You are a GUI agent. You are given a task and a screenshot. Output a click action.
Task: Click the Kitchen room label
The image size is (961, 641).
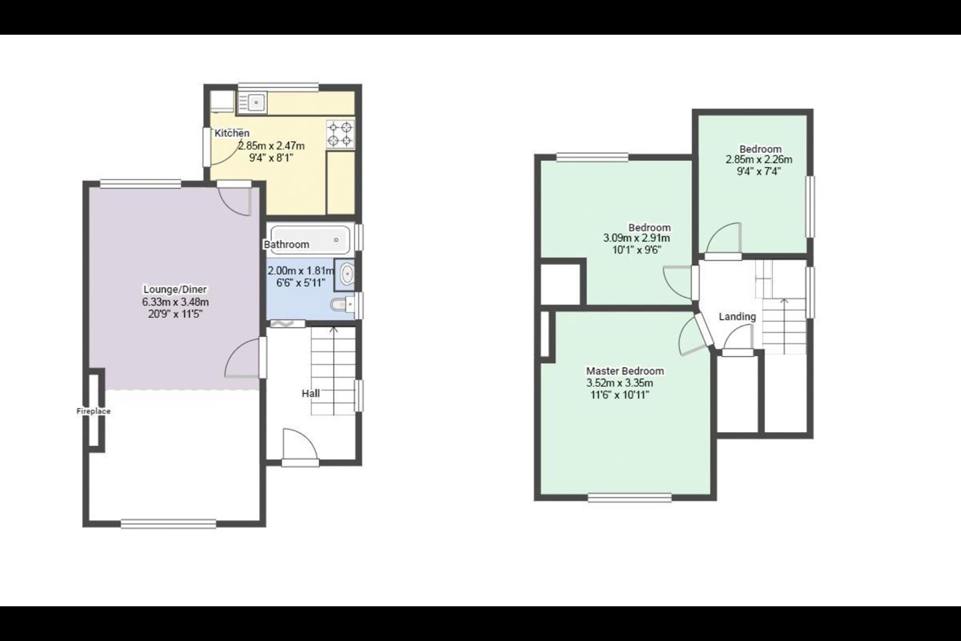pyautogui.click(x=232, y=134)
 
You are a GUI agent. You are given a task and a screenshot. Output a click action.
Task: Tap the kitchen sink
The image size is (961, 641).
pyautogui.click(x=252, y=102)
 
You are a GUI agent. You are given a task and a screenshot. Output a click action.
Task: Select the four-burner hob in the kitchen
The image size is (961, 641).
pyautogui.click(x=340, y=134)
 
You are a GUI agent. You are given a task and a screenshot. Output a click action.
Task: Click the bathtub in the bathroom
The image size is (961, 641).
pyautogui.click(x=311, y=239)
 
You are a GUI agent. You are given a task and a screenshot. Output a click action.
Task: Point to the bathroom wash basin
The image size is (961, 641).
pyautogui.click(x=346, y=274)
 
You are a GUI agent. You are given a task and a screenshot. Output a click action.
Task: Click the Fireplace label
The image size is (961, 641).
pyautogui.click(x=93, y=411)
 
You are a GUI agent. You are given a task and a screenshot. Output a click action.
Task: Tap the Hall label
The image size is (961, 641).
pyautogui.click(x=310, y=393)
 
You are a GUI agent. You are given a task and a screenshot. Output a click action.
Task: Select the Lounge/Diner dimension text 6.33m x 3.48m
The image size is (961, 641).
pyautogui.click(x=176, y=302)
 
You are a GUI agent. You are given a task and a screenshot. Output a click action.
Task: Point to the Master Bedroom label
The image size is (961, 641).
pyautogui.click(x=625, y=371)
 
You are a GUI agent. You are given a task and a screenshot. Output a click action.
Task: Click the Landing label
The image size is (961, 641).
pyautogui.click(x=737, y=316)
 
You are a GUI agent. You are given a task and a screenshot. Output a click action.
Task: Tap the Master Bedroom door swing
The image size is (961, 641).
pyautogui.click(x=691, y=336)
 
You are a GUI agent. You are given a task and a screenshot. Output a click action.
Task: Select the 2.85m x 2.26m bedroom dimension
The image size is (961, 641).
pyautogui.click(x=759, y=160)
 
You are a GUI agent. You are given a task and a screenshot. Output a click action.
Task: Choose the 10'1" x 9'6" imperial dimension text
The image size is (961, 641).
pyautogui.click(x=637, y=250)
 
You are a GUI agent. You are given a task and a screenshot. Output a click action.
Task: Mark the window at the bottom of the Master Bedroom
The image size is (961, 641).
pyautogui.click(x=629, y=497)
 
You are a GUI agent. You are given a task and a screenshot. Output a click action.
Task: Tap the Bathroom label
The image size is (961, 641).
pyautogui.click(x=286, y=244)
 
